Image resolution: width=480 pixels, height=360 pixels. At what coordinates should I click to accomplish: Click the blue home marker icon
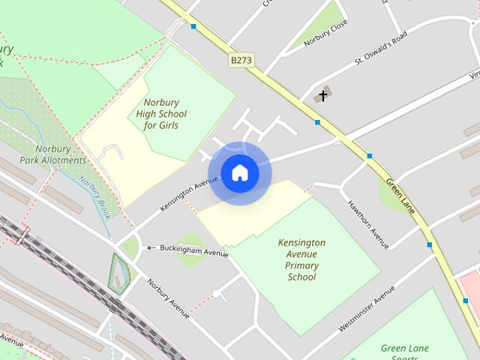point(240,173)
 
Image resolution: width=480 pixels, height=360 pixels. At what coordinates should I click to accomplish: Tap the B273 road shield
point(241,59)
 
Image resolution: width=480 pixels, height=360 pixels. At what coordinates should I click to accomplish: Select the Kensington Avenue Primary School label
point(301,259)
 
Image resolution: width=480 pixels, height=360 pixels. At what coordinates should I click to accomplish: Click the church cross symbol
point(323,95)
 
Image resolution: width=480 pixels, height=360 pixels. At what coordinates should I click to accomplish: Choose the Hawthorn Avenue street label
point(368,223)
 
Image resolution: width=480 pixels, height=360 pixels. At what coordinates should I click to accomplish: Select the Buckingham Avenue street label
point(193,250)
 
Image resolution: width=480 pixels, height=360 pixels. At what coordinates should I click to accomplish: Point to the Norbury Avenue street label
point(168,298)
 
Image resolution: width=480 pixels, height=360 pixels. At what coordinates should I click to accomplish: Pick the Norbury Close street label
point(326,34)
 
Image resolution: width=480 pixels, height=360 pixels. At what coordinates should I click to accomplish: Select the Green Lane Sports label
point(405,349)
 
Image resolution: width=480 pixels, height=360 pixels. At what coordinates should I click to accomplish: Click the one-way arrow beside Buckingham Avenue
point(150,247)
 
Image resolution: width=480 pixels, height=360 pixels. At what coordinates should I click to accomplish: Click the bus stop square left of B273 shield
point(193,26)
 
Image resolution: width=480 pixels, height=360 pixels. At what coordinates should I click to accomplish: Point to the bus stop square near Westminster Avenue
point(430,244)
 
